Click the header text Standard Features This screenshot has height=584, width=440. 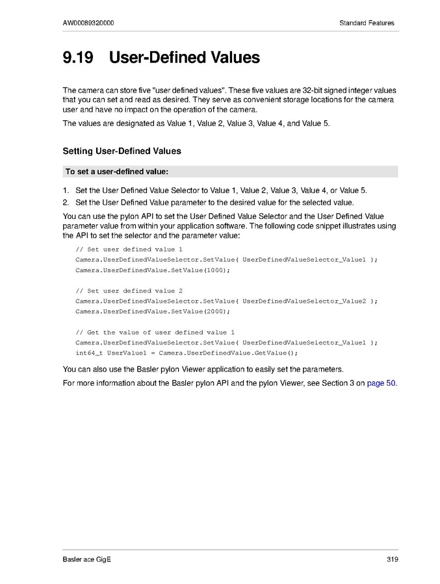click(x=367, y=23)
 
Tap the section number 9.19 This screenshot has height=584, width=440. click(x=78, y=58)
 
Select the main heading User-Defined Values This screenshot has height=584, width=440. click(x=185, y=58)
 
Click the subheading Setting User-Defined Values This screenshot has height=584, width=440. click(x=122, y=151)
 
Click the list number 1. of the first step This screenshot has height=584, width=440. click(x=66, y=191)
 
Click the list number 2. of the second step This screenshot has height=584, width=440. click(x=66, y=203)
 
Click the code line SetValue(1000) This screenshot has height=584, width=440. click(x=152, y=270)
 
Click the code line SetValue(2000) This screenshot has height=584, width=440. click(x=152, y=312)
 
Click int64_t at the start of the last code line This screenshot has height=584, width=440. click(x=89, y=353)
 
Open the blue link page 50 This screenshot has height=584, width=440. click(x=382, y=383)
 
